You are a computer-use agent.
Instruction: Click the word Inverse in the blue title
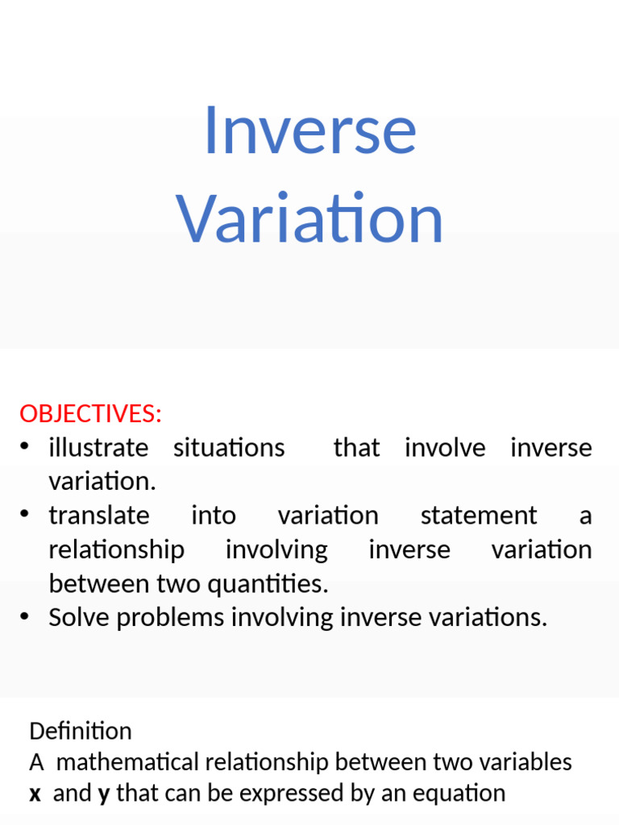(x=309, y=131)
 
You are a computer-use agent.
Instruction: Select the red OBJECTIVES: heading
(x=90, y=414)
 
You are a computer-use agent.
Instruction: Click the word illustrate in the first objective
(x=98, y=448)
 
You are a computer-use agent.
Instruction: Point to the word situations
(x=229, y=448)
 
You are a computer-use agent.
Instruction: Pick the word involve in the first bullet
(x=445, y=448)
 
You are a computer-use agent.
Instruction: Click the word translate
(x=99, y=516)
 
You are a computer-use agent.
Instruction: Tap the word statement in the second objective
(x=478, y=516)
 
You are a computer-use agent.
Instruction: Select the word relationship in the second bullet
(x=116, y=550)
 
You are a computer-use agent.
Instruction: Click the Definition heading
(x=80, y=731)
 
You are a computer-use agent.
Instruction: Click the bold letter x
(x=35, y=794)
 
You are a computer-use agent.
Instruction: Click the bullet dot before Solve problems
(x=27, y=617)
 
